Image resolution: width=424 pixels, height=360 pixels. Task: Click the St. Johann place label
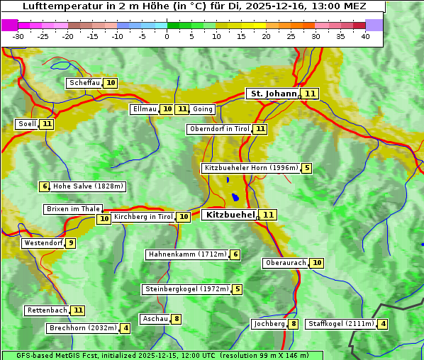click(x=272, y=94)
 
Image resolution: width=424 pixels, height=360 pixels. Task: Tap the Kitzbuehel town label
click(x=229, y=215)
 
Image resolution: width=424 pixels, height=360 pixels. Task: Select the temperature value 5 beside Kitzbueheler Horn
click(x=306, y=169)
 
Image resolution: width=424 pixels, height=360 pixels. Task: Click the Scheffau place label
click(x=84, y=83)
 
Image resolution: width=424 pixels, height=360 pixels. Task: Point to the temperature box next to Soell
click(x=47, y=124)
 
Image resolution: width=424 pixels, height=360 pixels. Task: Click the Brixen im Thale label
click(x=73, y=209)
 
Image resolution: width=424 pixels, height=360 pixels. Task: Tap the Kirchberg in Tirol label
click(x=143, y=217)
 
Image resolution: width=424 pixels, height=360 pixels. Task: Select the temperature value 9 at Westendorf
click(x=71, y=243)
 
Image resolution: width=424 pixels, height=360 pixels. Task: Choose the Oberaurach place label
click(x=284, y=263)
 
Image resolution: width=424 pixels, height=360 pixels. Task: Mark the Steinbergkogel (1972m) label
click(x=186, y=289)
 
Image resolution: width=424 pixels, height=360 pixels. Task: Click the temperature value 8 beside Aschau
click(x=177, y=319)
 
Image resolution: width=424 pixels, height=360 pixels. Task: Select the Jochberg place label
click(x=268, y=324)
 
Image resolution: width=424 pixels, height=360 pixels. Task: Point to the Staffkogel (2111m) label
click(x=340, y=324)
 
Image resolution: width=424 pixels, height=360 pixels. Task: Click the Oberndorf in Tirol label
click(x=219, y=129)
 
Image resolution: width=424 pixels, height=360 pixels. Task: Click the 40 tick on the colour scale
click(x=365, y=36)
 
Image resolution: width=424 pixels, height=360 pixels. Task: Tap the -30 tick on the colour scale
click(x=18, y=36)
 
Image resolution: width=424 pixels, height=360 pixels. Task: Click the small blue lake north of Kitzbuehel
click(x=235, y=198)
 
